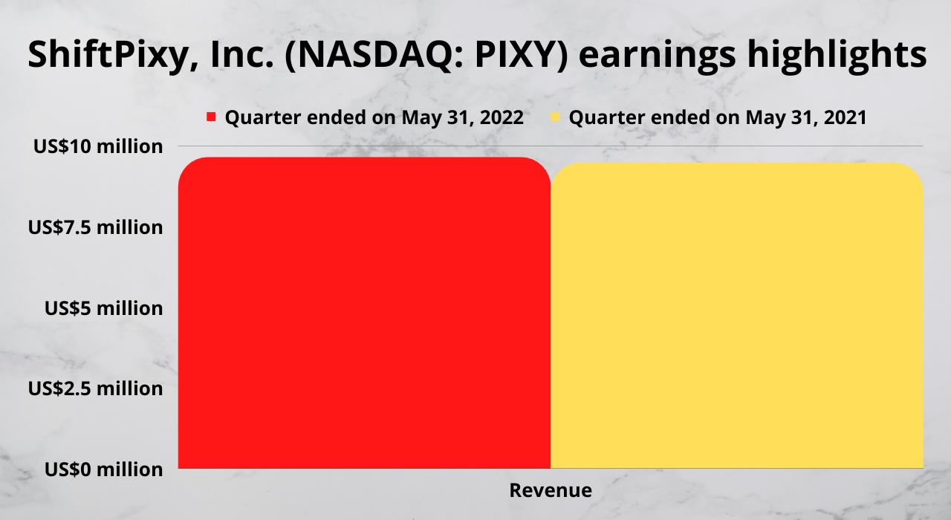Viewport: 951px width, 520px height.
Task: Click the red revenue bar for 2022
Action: pyautogui.click(x=364, y=313)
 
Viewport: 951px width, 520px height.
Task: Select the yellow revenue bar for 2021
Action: pyautogui.click(x=737, y=316)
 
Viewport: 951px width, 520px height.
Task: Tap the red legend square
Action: pyautogui.click(x=211, y=117)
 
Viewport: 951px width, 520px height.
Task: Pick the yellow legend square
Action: pyautogui.click(x=555, y=117)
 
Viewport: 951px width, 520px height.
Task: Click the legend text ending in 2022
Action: pyautogui.click(x=374, y=117)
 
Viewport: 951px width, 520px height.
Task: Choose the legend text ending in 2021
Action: pyautogui.click(x=718, y=117)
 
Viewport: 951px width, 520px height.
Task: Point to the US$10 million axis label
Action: pyautogui.click(x=98, y=146)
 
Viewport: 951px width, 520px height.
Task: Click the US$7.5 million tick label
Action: pyautogui.click(x=96, y=227)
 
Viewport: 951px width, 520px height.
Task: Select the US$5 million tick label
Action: pyautogui.click(x=103, y=308)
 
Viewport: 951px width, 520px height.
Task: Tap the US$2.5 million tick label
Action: pyautogui.click(x=96, y=389)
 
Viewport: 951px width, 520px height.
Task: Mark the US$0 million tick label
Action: pyautogui.click(x=103, y=469)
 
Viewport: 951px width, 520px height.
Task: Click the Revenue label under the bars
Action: pyautogui.click(x=551, y=490)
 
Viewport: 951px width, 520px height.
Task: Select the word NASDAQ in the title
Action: pyautogui.click(x=374, y=55)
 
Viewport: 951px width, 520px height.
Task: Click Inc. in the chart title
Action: pyautogui.click(x=242, y=55)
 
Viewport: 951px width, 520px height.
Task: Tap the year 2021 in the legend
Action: pyautogui.click(x=845, y=117)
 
